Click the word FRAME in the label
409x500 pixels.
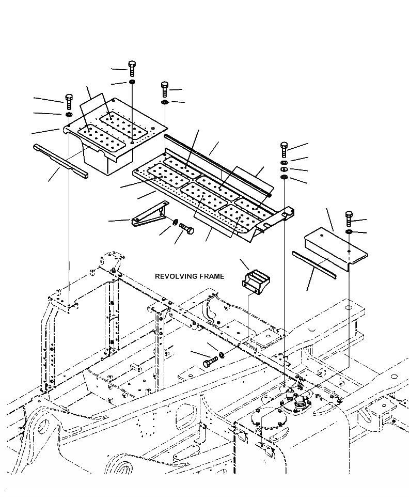[212, 276]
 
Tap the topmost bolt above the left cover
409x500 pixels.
[132, 68]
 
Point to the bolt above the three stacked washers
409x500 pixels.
[284, 149]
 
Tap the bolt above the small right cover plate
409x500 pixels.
[349, 219]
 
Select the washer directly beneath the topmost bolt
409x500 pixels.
[132, 82]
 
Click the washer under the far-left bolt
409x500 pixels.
[69, 114]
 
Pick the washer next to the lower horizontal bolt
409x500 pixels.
[222, 355]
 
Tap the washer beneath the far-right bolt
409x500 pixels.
[350, 233]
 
